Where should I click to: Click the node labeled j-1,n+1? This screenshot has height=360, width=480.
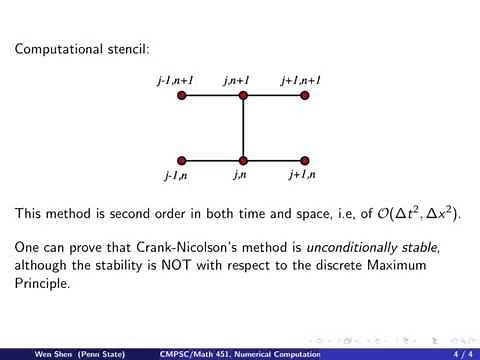coord(182,96)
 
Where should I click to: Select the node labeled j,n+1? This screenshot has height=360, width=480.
coord(243,96)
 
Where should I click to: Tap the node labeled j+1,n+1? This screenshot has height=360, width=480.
coord(305,96)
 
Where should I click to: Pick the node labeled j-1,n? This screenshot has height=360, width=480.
coord(182,160)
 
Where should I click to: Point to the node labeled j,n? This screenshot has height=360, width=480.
coord(243,160)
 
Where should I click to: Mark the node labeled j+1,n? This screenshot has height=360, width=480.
coord(305,160)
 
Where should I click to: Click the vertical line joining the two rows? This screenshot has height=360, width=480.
coord(243,128)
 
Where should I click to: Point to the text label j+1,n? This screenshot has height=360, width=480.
coord(301,176)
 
